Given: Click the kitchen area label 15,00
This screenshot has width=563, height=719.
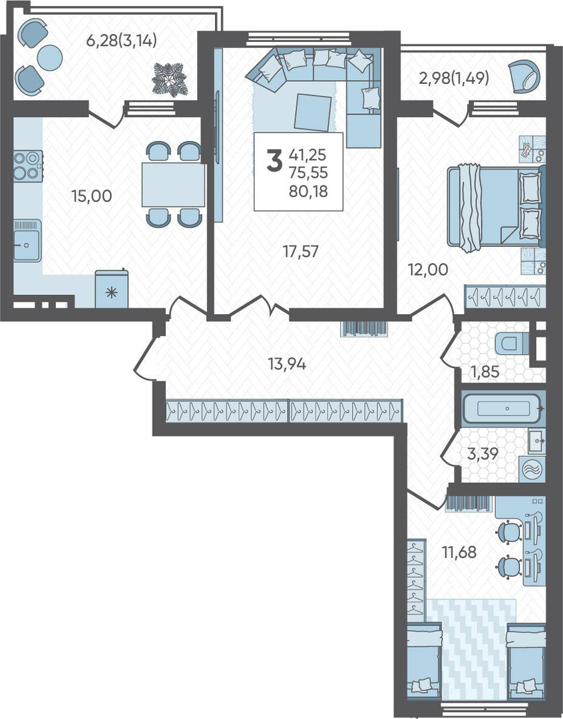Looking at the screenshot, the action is [92, 196].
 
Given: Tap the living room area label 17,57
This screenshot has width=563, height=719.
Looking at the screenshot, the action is [301, 251].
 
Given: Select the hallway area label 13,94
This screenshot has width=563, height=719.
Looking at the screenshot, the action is [287, 365].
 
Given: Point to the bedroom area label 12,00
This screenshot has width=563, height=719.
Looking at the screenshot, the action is [428, 270].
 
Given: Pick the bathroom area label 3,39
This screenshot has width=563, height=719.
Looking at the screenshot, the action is [482, 454].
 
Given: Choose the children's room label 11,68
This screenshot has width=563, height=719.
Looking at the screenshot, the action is [459, 552].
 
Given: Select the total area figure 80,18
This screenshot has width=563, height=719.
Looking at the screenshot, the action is [308, 191].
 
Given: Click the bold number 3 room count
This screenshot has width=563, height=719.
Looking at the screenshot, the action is [274, 161].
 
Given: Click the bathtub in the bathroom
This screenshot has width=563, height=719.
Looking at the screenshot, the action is [504, 407].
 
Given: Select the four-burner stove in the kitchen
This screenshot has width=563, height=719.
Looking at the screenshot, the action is [27, 166].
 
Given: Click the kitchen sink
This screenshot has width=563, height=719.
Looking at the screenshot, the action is [27, 241].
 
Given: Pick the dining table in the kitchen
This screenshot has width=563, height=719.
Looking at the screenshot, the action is [173, 184].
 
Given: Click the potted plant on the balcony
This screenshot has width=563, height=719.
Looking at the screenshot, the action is [170, 80].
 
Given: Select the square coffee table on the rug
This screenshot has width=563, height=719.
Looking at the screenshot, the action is [313, 113].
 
